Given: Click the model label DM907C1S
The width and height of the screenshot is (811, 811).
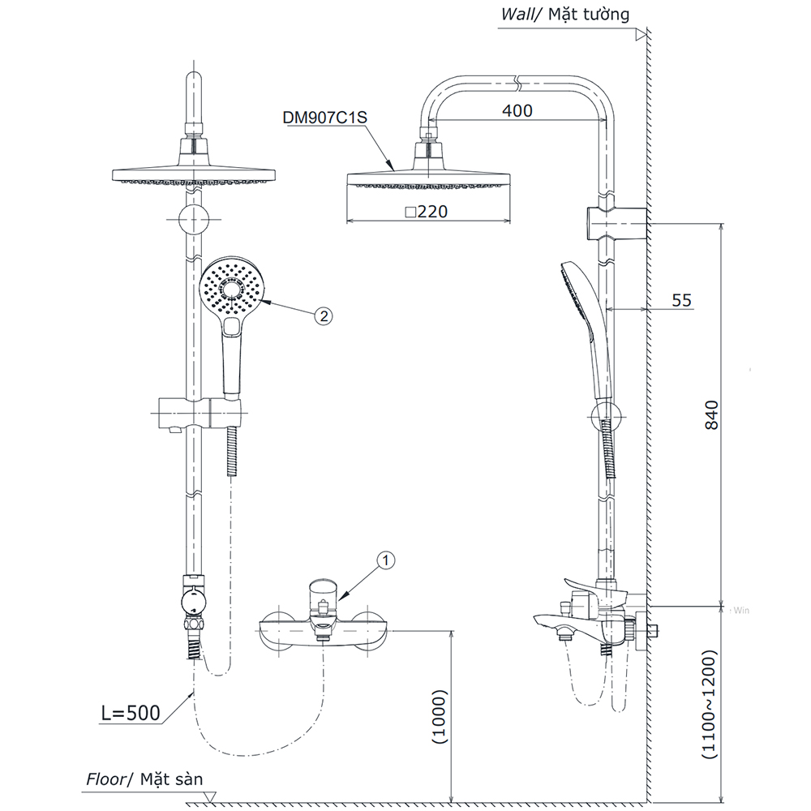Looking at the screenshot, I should pyautogui.click(x=324, y=117).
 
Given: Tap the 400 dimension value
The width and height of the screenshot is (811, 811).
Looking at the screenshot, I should pyautogui.click(x=517, y=111).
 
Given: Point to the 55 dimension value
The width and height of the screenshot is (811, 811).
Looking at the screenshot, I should pyautogui.click(x=682, y=300).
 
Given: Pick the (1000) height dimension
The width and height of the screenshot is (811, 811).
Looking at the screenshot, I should pyautogui.click(x=439, y=717).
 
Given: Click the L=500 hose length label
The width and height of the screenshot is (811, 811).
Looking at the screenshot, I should pyautogui.click(x=130, y=714).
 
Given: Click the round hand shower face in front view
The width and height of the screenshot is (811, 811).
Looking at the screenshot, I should pyautogui.click(x=232, y=288).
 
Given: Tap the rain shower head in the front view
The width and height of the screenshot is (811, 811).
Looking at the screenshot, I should pyautogui.click(x=195, y=174).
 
